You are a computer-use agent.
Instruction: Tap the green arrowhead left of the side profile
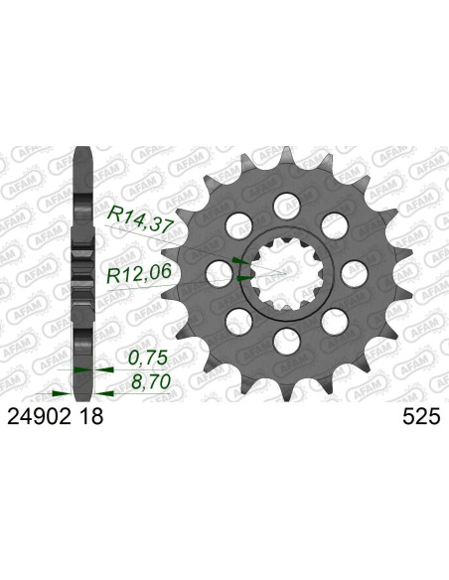point(66,366)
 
